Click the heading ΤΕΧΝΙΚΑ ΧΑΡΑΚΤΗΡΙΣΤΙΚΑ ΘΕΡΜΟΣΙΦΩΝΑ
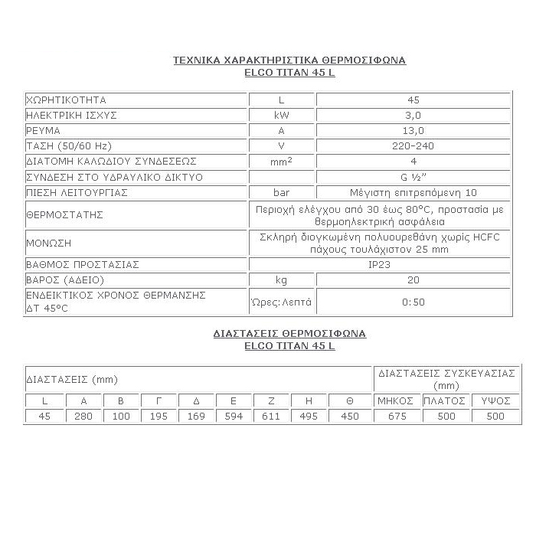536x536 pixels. click(289, 59)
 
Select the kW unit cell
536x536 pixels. click(282, 115)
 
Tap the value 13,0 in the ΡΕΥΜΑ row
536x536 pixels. click(413, 130)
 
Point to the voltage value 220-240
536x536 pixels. click(413, 145)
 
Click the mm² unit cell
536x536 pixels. click(282, 161)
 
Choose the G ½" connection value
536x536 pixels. click(413, 177)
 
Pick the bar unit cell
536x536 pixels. click(282, 192)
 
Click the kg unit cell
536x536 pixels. click(282, 279)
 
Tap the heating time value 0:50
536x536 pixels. click(413, 302)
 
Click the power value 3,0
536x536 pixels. click(413, 115)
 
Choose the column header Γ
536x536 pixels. click(159, 400)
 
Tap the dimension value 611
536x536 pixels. click(273, 416)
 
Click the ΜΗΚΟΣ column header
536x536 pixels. click(395, 400)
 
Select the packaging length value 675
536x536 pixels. click(395, 416)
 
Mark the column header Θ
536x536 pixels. click(350, 400)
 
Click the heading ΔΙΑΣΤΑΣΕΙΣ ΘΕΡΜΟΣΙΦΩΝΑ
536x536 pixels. click(289, 334)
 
